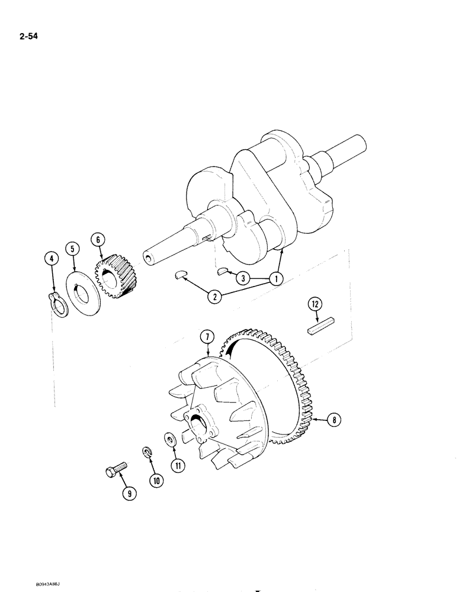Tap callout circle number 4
tap(52, 259)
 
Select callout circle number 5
tap(72, 249)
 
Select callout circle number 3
tap(242, 278)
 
